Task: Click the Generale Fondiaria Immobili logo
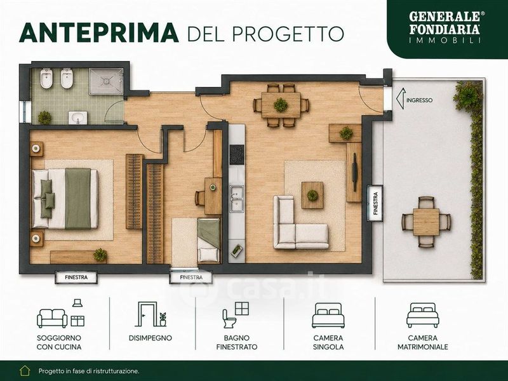(x=444, y=27)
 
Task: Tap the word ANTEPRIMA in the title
(x=99, y=33)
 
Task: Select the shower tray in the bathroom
(x=106, y=81)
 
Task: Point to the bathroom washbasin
(x=77, y=117)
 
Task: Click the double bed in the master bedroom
(x=65, y=199)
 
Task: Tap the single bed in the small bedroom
(x=209, y=240)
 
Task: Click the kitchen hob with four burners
(x=237, y=154)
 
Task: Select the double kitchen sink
(x=237, y=198)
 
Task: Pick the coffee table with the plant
(x=312, y=195)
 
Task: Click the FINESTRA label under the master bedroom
(x=76, y=277)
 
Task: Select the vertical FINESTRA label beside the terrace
(x=375, y=203)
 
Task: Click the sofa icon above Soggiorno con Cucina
(x=52, y=318)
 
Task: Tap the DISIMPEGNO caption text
(x=150, y=338)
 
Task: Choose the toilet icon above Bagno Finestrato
(x=229, y=319)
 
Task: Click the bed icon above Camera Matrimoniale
(x=423, y=315)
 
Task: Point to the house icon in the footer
(x=25, y=371)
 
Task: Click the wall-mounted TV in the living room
(x=355, y=172)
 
